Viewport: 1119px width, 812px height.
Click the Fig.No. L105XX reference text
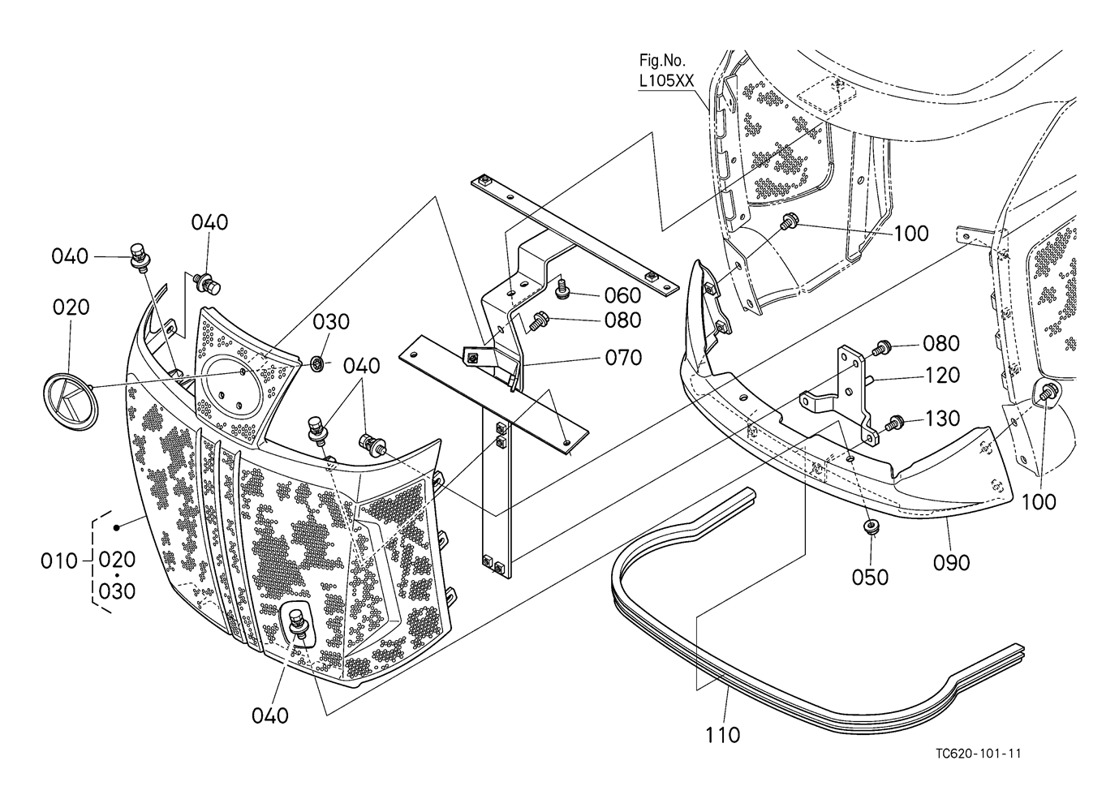point(666,71)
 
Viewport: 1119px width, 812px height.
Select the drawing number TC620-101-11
point(978,754)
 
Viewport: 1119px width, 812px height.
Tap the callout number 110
point(722,735)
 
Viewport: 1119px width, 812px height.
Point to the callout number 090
point(952,561)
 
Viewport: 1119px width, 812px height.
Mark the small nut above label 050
point(871,529)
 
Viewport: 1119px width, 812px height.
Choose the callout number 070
point(622,357)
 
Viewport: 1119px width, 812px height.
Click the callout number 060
point(622,295)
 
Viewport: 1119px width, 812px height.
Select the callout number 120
point(941,376)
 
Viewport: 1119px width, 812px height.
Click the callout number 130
point(941,419)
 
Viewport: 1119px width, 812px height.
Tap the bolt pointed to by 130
point(896,422)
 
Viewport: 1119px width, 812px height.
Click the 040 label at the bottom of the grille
point(270,715)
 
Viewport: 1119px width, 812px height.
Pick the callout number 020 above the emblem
point(71,307)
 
